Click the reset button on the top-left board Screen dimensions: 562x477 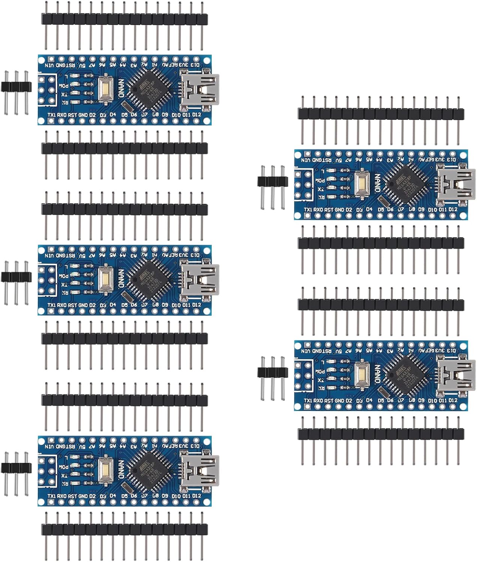point(106,88)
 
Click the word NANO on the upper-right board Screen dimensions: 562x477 point(378,183)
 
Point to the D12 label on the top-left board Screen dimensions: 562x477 point(197,115)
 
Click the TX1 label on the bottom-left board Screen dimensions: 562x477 point(51,496)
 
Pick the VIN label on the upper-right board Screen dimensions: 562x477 point(306,160)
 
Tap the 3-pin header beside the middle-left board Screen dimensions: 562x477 point(16,277)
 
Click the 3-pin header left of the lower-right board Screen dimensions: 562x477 point(272,372)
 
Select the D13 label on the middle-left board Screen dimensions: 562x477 point(195,255)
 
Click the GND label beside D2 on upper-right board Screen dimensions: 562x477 point(339,210)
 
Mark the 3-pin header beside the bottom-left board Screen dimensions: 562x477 point(16,467)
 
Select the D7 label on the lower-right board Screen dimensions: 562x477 point(401,401)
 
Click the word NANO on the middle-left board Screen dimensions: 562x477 point(121,278)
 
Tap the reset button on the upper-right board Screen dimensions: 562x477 point(362,184)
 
